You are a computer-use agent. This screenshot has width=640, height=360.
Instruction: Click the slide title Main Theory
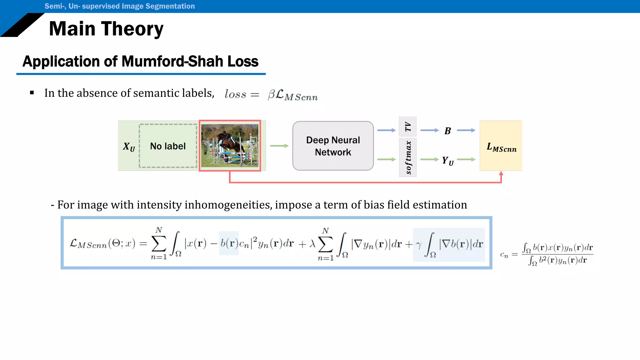(x=106, y=29)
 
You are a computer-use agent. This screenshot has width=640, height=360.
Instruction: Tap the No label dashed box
(x=168, y=146)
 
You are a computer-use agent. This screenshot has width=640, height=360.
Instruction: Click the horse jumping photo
(x=230, y=146)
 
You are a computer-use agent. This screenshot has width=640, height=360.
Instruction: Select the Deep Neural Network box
(x=333, y=146)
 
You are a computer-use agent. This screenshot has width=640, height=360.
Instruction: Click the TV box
(x=407, y=127)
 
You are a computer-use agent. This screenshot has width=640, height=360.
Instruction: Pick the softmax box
(x=407, y=157)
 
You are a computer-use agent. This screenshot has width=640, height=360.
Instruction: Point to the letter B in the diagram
(x=447, y=131)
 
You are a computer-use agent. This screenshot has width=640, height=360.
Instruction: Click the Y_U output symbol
(x=447, y=161)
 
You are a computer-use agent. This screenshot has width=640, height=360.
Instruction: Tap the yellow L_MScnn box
(x=501, y=146)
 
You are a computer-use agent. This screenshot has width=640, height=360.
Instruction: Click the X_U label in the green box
(x=129, y=146)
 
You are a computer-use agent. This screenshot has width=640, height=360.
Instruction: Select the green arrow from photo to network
(x=279, y=146)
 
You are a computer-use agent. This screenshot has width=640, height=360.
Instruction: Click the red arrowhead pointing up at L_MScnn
(x=501, y=173)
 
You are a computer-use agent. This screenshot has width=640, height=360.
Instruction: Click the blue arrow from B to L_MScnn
(x=466, y=130)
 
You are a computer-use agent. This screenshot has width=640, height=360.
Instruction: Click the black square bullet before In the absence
(x=32, y=93)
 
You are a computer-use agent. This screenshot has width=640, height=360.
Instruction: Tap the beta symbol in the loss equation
(x=271, y=94)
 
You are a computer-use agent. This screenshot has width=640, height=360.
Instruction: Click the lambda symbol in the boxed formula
(x=312, y=244)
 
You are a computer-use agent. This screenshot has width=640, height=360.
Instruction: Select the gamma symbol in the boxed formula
(x=418, y=245)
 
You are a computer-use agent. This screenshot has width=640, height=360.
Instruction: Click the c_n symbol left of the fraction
(x=504, y=255)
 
